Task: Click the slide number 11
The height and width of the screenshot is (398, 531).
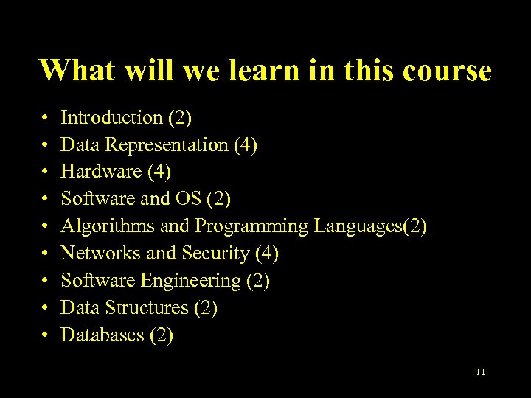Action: point(481,372)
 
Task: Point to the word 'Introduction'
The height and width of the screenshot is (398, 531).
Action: point(111,117)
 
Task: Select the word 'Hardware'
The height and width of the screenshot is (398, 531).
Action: point(101,172)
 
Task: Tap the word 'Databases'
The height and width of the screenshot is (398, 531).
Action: point(102,335)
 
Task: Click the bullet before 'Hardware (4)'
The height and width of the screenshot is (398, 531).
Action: point(45,172)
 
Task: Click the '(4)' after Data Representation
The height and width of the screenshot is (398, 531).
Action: point(245,144)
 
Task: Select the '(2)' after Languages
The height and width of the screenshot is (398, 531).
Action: point(414,226)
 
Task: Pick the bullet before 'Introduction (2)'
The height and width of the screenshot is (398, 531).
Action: point(45,118)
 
